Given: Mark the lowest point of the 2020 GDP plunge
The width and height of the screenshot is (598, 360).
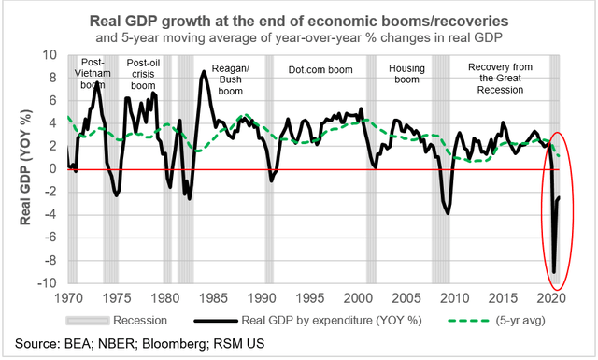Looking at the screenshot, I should (554, 272).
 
